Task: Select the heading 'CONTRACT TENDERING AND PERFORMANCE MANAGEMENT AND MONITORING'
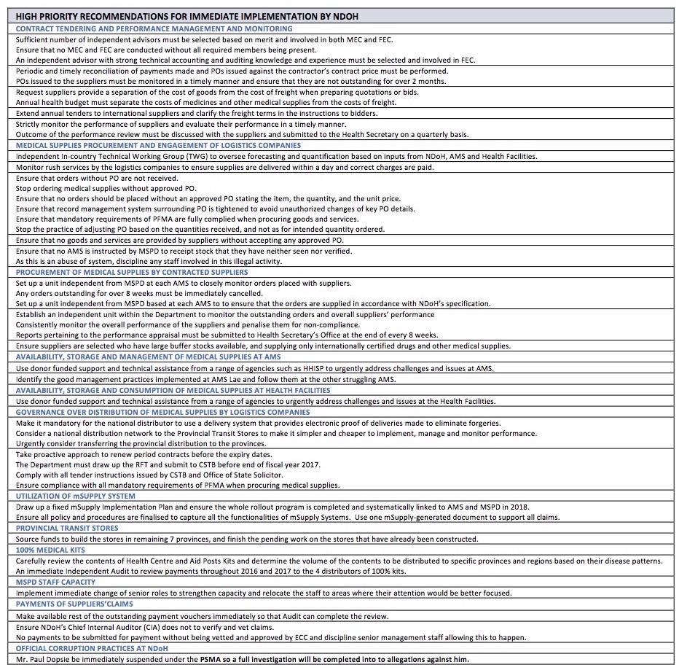(154, 28)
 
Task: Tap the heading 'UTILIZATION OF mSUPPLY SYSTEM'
(76, 496)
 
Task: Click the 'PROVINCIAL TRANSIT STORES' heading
(67, 528)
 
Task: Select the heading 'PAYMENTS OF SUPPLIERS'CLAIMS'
(74, 604)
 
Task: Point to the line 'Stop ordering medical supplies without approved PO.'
(106, 187)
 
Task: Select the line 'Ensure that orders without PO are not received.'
(97, 177)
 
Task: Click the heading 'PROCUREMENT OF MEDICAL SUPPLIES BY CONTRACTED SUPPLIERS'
(132, 272)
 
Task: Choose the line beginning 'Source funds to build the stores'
(247, 539)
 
